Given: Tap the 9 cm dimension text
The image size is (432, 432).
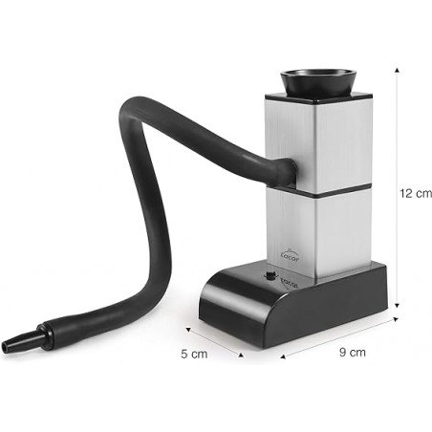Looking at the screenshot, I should pos(352,353).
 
